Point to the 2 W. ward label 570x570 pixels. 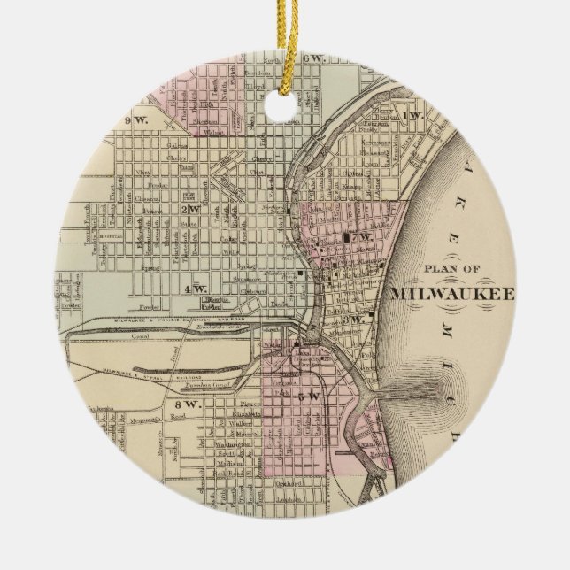[x=189, y=209]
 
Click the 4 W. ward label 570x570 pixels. [x=195, y=289]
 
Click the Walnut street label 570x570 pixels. [x=211, y=135]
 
